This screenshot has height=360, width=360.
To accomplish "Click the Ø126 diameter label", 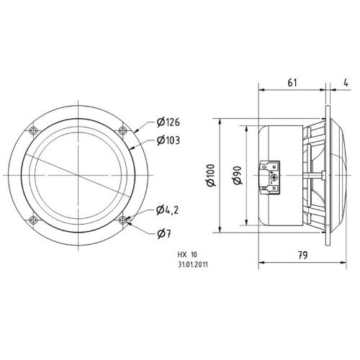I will coord(168,122).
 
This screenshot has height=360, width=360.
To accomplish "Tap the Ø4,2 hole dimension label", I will coord(168,211).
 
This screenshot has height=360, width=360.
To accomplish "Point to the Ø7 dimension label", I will coord(164,232).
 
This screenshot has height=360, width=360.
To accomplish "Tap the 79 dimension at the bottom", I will coord(303,254).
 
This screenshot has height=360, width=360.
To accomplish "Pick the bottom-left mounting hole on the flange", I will coord(32,220).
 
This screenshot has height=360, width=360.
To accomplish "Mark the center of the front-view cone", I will coord(77,175).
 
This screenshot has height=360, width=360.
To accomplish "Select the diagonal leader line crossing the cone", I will coord(58,167).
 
